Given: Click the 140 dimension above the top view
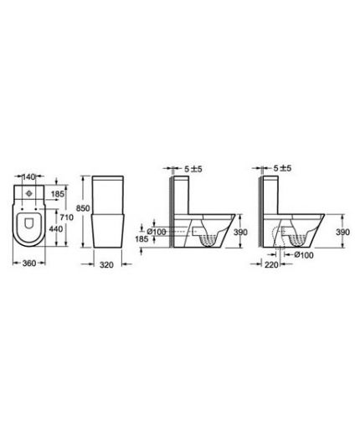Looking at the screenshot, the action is (28, 177).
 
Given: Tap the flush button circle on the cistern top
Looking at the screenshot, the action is (28, 193).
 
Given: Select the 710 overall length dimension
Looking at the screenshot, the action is (67, 217).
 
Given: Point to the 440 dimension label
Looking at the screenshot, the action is (56, 229).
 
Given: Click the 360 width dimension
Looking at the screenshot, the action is (29, 263).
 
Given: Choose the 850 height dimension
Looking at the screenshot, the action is (83, 208).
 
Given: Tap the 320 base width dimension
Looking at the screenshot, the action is (106, 264).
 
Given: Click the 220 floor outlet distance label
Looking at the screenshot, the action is (271, 264).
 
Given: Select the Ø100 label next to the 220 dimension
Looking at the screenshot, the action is (304, 255).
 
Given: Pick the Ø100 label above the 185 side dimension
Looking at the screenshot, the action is (157, 232).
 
